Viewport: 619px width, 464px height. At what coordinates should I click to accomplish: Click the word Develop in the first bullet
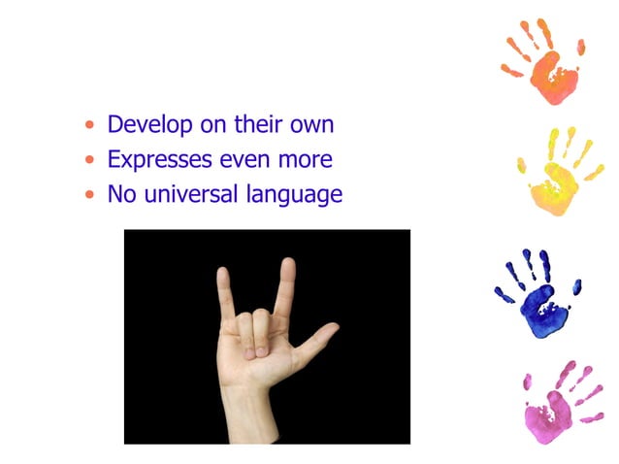[146, 125]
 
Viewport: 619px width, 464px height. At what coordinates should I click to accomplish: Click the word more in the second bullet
[306, 159]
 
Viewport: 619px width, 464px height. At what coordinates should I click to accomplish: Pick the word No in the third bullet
[120, 194]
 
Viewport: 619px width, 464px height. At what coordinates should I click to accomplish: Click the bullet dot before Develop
[90, 126]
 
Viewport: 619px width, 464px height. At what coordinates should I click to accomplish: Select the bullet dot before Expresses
[90, 160]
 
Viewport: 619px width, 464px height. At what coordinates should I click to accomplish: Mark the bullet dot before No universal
[90, 194]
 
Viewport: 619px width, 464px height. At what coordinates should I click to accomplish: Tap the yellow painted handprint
[557, 175]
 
